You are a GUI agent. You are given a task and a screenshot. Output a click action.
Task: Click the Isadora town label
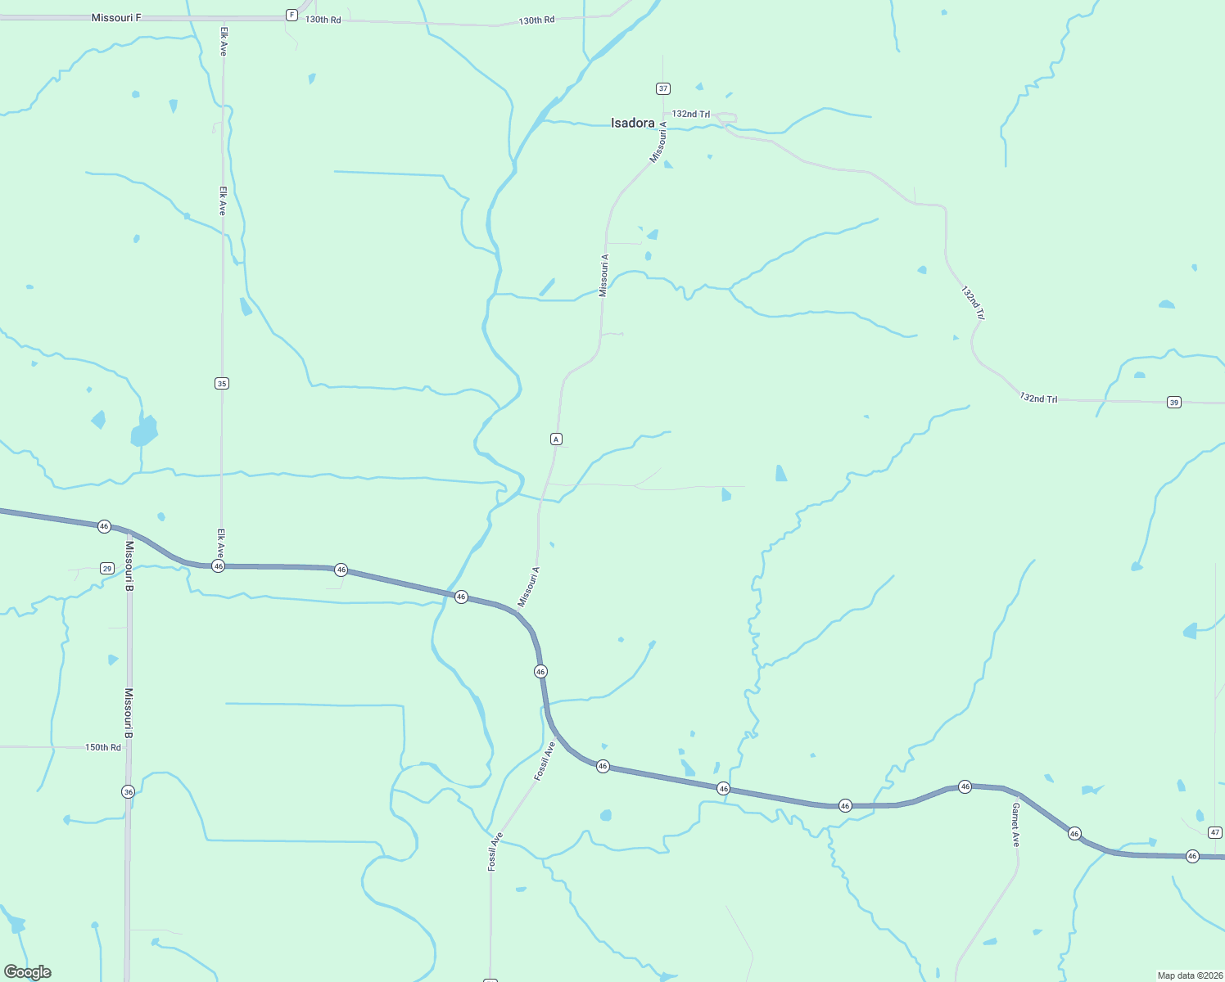pos(633,124)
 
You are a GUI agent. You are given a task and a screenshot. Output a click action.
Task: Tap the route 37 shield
pos(663,88)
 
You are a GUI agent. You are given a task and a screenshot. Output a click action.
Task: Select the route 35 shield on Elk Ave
pos(222,383)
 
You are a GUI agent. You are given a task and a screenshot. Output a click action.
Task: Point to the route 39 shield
pos(1174,402)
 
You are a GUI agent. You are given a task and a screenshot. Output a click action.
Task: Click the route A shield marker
pos(556,439)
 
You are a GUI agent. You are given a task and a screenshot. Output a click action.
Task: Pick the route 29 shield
pos(107,568)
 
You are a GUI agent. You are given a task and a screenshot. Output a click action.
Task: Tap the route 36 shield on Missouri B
pos(128,791)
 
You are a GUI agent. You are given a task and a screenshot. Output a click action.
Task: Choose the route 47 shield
pos(1215,832)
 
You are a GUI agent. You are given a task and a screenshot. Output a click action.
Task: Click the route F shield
pos(292,15)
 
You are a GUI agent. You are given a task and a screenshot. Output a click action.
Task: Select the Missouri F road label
pos(116,17)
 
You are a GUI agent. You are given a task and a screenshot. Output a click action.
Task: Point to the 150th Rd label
pos(103,747)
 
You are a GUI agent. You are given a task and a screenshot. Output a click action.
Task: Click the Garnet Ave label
pos(1015,824)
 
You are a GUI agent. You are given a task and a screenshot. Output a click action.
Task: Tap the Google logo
pos(27,972)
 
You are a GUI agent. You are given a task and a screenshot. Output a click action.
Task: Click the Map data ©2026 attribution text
pos(1189,975)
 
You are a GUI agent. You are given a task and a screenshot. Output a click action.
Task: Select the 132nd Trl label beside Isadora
pos(691,115)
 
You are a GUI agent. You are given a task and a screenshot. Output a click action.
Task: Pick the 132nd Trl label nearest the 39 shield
pos(1038,399)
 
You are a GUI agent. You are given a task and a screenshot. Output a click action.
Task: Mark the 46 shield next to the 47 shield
pos(1192,856)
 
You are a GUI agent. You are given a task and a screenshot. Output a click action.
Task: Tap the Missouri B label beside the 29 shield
pos(129,565)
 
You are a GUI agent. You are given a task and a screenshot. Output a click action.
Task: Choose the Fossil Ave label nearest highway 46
pos(545,761)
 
